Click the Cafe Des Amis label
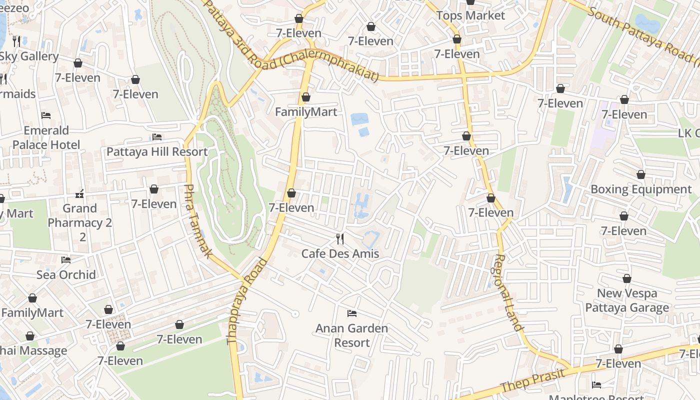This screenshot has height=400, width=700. click(x=340, y=253)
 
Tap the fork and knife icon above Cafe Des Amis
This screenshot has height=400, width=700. click(x=340, y=239)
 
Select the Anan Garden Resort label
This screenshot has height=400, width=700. click(x=352, y=335)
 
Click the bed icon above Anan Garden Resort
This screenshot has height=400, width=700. click(x=352, y=313)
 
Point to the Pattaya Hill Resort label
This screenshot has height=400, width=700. click(x=157, y=151)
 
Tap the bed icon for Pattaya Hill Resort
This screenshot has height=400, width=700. click(x=157, y=136)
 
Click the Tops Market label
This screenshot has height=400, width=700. click(x=470, y=15)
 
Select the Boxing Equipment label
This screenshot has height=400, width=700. click(x=641, y=189)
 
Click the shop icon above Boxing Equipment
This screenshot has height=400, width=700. click(x=641, y=174)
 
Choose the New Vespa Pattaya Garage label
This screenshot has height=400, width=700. click(x=627, y=300)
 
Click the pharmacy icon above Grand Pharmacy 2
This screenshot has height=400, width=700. click(x=79, y=193)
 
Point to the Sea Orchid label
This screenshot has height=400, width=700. click(x=66, y=274)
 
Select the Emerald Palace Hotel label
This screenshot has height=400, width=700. click(x=46, y=137)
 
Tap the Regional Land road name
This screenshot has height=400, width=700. click(x=508, y=292)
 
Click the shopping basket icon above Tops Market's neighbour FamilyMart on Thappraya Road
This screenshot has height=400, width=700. click(x=306, y=97)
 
